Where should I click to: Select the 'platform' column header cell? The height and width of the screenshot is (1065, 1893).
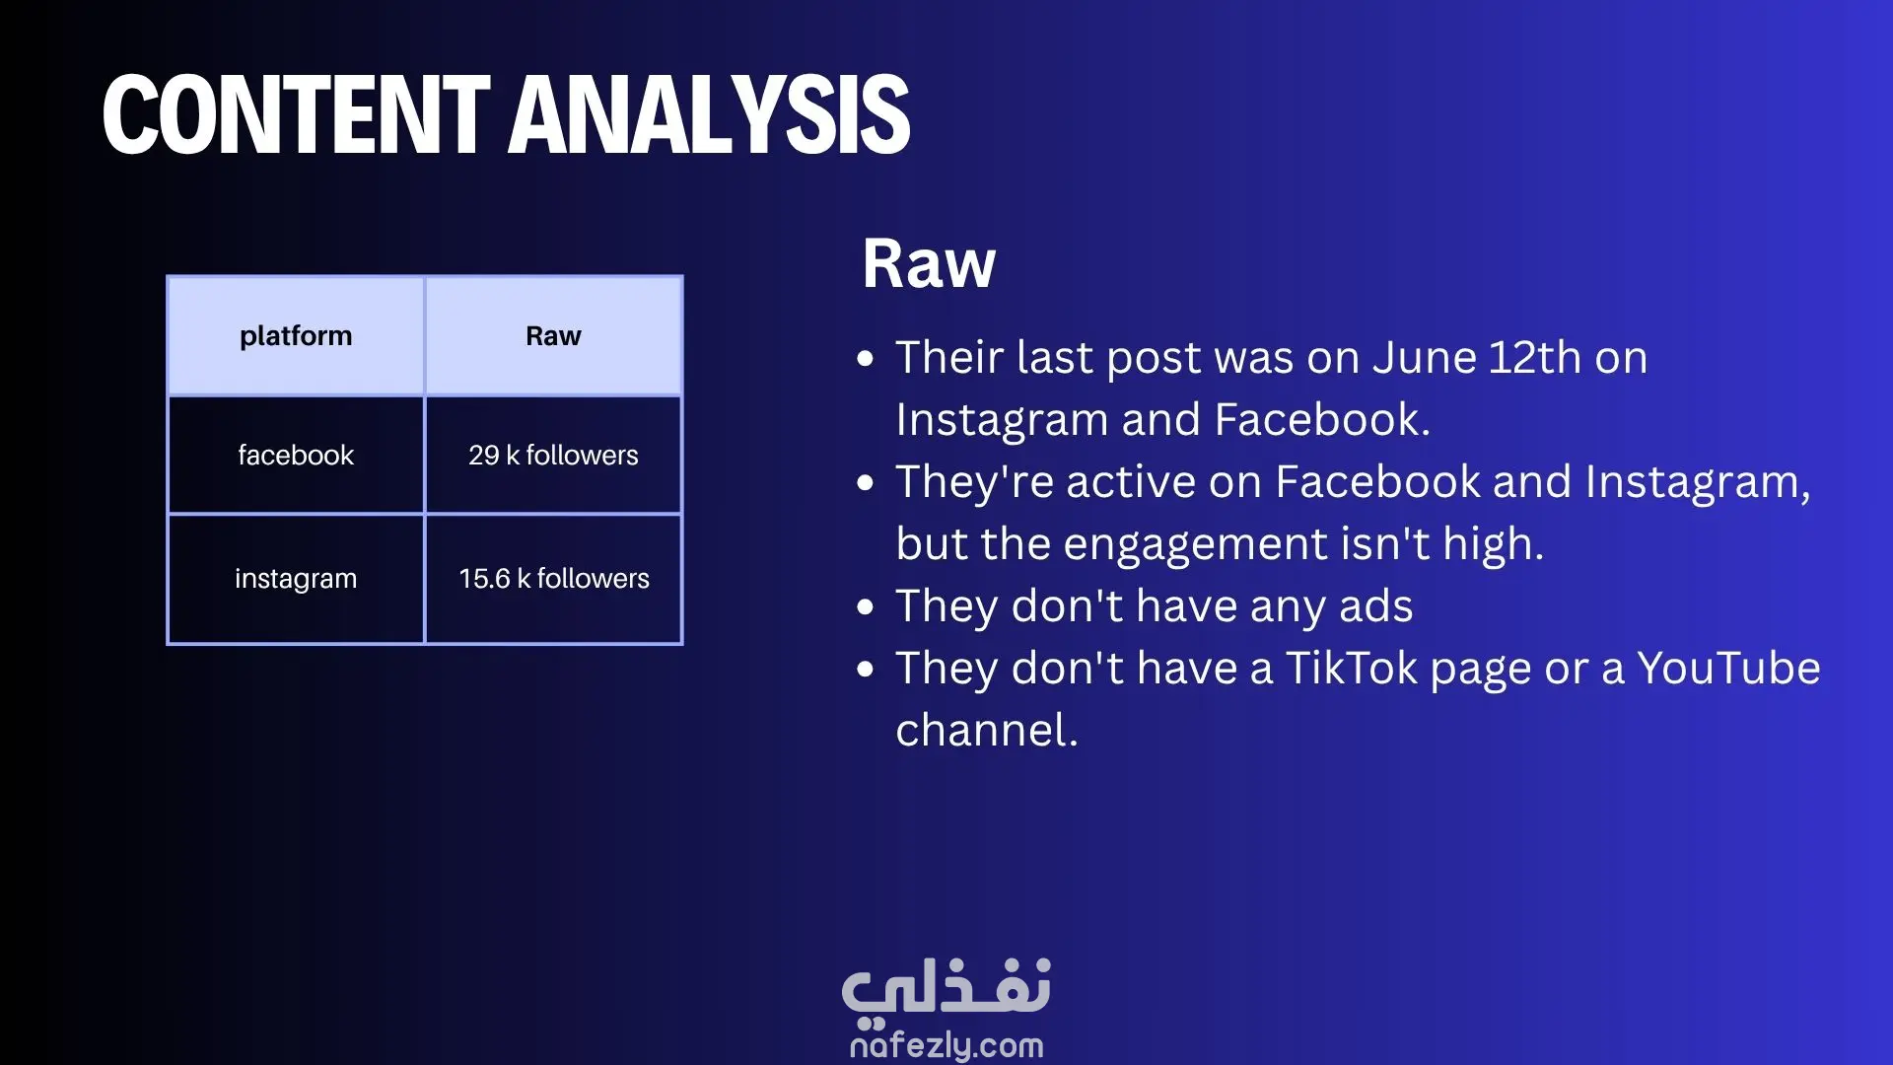[296, 336]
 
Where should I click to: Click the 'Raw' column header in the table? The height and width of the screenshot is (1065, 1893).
[553, 336]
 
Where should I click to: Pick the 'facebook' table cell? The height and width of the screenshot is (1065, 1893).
[296, 455]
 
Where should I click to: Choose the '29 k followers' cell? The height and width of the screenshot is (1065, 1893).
[553, 455]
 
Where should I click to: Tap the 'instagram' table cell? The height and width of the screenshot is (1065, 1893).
[296, 579]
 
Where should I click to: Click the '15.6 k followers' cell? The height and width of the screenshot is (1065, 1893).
[553, 579]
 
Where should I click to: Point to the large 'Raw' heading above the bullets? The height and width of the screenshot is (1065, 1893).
[929, 264]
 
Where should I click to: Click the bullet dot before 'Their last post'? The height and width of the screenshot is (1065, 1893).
[866, 359]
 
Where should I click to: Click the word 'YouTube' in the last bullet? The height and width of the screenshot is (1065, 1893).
[1728, 669]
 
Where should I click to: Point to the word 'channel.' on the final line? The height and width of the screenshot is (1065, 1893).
[987, 731]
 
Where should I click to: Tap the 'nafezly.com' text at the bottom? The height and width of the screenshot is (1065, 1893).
[946, 1045]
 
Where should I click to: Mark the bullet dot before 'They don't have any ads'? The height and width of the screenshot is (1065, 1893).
[866, 607]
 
